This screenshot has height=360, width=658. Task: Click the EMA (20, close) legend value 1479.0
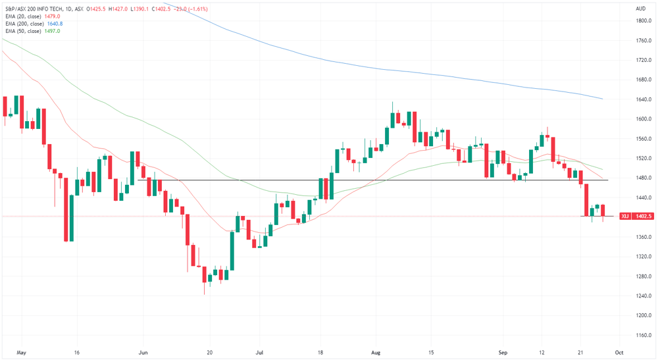tap(52, 16)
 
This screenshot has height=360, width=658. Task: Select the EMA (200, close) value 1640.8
tap(55, 24)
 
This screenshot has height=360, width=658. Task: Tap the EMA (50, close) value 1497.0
tap(52, 31)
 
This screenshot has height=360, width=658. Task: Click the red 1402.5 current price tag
tap(644, 216)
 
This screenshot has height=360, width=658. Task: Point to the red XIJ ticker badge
tap(625, 216)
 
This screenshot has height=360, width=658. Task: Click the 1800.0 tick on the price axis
tap(644, 20)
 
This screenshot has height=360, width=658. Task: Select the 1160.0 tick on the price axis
tap(644, 335)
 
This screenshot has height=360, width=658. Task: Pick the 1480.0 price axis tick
tap(644, 178)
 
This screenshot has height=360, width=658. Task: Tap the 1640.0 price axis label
tap(644, 99)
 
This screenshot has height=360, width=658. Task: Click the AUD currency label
tap(640, 9)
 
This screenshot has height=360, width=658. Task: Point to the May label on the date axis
tap(21, 353)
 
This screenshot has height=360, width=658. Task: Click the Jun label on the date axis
tap(143, 353)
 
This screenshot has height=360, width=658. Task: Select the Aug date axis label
tap(376, 353)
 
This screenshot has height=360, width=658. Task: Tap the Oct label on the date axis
tap(619, 353)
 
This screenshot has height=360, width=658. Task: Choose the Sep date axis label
tap(503, 353)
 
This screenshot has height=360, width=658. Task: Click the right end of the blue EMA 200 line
tap(603, 99)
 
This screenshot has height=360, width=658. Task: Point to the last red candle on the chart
tap(603, 213)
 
